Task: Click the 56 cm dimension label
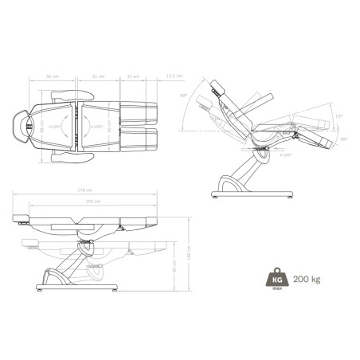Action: (53, 76)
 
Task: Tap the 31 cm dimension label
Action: (132, 76)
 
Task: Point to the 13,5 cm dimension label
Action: (170, 76)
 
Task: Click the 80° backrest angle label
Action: (184, 96)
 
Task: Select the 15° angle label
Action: (339, 117)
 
